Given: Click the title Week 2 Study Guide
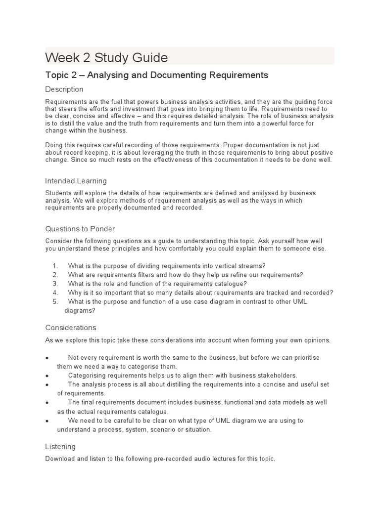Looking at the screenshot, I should pyautogui.click(x=106, y=58).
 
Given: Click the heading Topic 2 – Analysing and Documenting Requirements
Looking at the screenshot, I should pyautogui.click(x=156, y=75).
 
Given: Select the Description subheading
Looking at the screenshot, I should pyautogui.click(x=64, y=89).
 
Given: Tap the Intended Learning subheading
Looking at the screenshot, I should pyautogui.click(x=76, y=181).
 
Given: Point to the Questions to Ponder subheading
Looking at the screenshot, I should pyautogui.click(x=80, y=229).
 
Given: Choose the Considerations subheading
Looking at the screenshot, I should pyautogui.click(x=71, y=328).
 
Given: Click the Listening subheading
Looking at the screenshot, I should pyautogui.click(x=60, y=447).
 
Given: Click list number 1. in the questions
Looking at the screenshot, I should pyautogui.click(x=55, y=266).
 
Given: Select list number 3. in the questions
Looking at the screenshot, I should pyautogui.click(x=55, y=284).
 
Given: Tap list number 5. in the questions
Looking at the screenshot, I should pyautogui.click(x=55, y=301).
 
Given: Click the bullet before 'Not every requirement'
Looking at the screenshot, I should pyautogui.click(x=47, y=358).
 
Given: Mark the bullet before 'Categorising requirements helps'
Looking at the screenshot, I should pyautogui.click(x=47, y=376).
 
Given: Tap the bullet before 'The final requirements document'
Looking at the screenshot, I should pyautogui.click(x=47, y=403).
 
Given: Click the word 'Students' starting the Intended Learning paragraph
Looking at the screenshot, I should pyautogui.click(x=58, y=193).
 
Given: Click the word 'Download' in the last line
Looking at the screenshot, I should pyautogui.click(x=60, y=459).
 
